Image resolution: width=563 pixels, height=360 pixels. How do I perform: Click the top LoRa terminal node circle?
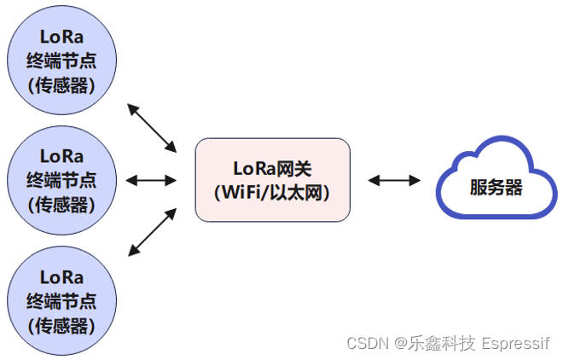pyautogui.click(x=61, y=61)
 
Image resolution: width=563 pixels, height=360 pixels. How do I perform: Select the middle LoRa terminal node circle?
pyautogui.click(x=61, y=180)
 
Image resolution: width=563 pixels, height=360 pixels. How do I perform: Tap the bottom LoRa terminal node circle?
pyautogui.click(x=61, y=300)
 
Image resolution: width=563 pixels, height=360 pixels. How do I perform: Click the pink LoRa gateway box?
pyautogui.click(x=272, y=180)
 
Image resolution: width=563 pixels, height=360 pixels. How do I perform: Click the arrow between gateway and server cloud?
pyautogui.click(x=394, y=180)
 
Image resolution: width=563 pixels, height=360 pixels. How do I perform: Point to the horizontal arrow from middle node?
pyautogui.click(x=151, y=180)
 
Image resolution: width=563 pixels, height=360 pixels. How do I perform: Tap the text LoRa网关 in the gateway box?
pyautogui.click(x=272, y=168)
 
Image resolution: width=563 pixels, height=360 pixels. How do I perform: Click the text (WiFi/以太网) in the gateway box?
pyautogui.click(x=272, y=192)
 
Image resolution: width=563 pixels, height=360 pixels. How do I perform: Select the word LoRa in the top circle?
pyautogui.click(x=61, y=37)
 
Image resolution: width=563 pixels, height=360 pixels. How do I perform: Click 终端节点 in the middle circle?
pyautogui.click(x=61, y=180)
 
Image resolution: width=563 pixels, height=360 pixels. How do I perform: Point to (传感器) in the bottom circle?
pyautogui.click(x=61, y=325)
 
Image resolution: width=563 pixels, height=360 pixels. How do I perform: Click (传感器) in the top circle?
pyautogui.click(x=61, y=85)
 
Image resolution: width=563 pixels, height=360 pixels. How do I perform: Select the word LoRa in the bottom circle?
pyautogui.click(x=61, y=277)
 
